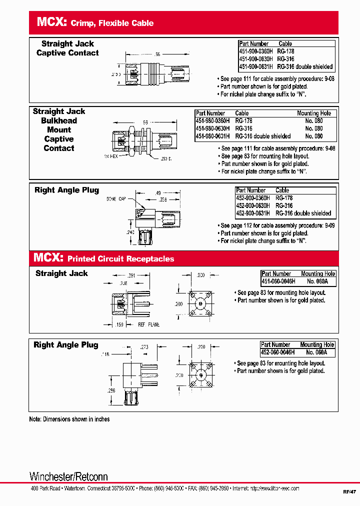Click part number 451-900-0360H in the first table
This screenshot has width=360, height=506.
(256, 51)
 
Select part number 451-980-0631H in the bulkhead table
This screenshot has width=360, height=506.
(212, 136)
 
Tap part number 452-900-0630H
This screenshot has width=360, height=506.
(253, 205)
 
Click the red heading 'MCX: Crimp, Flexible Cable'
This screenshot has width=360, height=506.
(95, 22)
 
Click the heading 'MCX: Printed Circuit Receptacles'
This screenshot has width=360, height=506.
(103, 258)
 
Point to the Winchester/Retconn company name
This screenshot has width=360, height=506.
(68, 476)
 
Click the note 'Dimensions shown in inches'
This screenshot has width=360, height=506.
(69, 419)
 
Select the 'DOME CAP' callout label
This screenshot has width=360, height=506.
(115, 199)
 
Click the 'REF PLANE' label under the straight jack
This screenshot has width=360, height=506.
(148, 324)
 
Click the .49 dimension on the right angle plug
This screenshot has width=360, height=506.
(157, 193)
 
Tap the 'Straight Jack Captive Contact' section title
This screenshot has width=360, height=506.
(67, 48)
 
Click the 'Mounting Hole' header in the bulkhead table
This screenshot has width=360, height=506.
(313, 113)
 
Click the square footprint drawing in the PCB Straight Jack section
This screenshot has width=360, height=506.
(200, 303)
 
